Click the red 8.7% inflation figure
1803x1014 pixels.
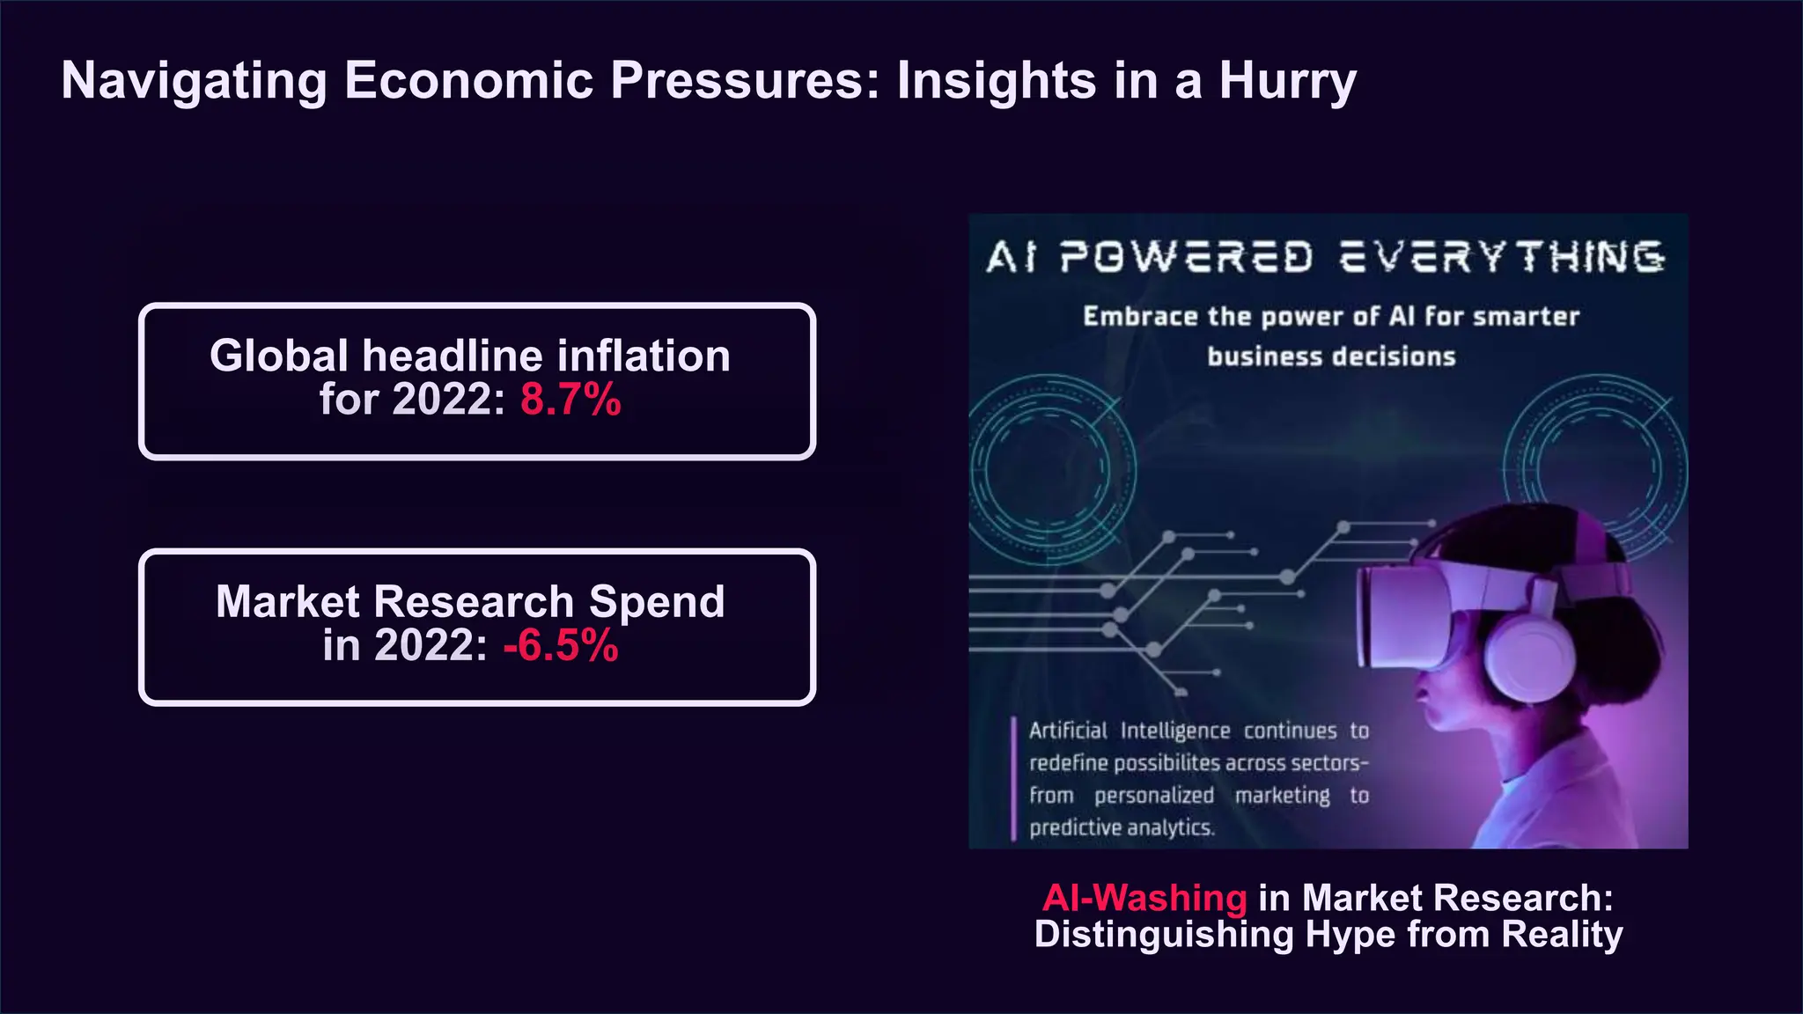point(570,400)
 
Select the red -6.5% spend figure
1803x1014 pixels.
point(561,646)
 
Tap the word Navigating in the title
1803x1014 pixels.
point(194,81)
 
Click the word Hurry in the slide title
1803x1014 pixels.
point(1287,81)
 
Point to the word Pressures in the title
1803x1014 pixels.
point(745,81)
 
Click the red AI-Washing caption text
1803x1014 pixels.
point(1144,898)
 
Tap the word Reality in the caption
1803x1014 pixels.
point(1562,934)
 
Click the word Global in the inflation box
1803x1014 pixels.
point(279,356)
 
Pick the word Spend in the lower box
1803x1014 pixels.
point(657,603)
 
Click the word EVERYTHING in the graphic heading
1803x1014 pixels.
point(1501,258)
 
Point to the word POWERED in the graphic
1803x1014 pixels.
point(1186,258)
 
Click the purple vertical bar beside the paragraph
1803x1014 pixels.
point(1013,779)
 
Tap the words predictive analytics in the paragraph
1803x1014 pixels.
point(1122,828)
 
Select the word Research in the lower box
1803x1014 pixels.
point(475,603)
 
